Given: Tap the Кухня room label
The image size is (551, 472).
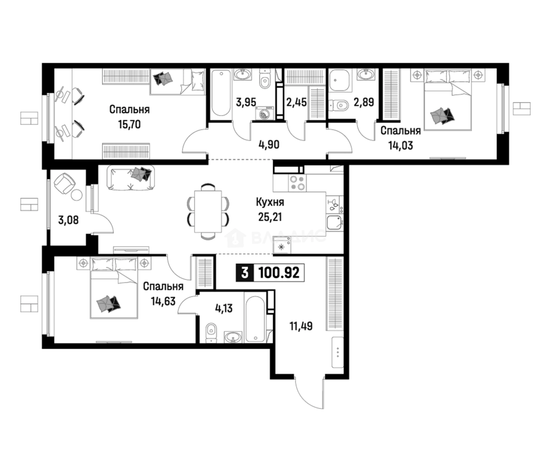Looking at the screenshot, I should (270, 202).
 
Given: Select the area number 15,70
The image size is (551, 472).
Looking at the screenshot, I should (129, 125).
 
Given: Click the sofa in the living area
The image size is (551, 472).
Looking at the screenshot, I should (130, 178).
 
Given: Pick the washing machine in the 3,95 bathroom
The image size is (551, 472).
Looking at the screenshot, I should (264, 113).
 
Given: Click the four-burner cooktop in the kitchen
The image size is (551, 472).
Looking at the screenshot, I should (297, 183).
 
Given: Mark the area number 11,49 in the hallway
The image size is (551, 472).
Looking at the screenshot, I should (301, 326).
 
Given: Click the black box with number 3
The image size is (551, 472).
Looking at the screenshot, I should (244, 273).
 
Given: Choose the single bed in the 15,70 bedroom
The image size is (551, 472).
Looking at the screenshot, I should (178, 82).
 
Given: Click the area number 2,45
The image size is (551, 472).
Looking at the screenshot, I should (297, 103).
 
